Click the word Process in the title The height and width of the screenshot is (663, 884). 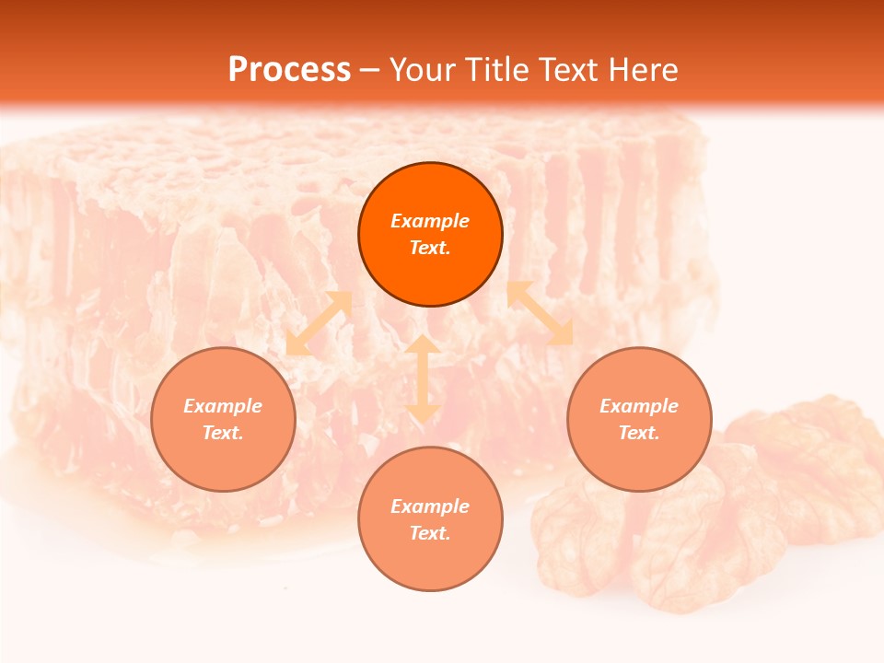[289, 70]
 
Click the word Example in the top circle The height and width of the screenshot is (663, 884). [430, 221]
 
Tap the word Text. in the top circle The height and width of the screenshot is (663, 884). [430, 248]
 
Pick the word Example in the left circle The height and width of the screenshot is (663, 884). [223, 406]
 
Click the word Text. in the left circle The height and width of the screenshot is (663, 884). [223, 433]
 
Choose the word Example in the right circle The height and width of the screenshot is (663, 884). [639, 406]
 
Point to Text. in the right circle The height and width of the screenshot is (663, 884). [639, 433]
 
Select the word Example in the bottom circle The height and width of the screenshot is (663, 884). [430, 506]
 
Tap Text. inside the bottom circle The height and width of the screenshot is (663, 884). [430, 533]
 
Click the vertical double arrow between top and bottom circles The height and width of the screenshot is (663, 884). [423, 378]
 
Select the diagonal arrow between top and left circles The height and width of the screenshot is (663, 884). [319, 323]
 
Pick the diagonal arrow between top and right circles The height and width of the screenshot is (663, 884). [541, 313]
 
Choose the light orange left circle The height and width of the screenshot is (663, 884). [223, 465]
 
